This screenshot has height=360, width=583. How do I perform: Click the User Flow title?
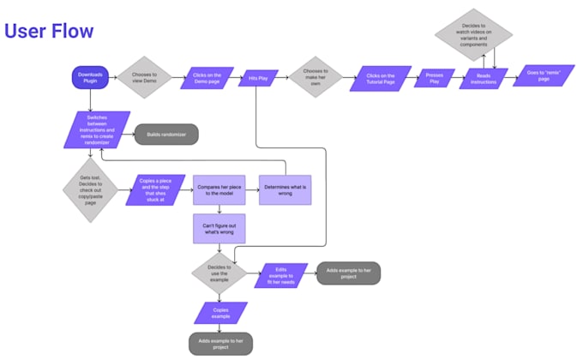coord(49,31)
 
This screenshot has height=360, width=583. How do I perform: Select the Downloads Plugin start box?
coord(89,78)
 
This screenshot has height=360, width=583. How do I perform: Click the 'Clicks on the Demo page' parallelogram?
coord(207,78)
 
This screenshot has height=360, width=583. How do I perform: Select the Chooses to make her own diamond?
coord(316,78)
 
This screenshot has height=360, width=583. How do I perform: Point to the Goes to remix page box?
coord(544,76)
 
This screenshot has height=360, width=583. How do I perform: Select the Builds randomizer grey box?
coord(166,135)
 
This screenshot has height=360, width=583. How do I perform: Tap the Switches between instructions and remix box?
coord(97,129)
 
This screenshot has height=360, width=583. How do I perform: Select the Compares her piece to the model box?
coord(220,189)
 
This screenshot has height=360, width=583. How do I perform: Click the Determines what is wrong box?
coord(285,189)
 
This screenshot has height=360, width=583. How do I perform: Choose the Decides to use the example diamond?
coord(219,274)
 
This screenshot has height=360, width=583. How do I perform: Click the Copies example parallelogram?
coord(221,310)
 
